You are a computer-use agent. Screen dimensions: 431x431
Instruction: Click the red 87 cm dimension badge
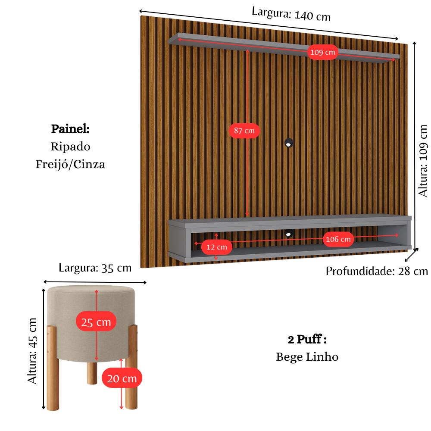pyautogui.click(x=244, y=130)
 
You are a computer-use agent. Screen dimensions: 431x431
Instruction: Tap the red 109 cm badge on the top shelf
pyautogui.click(x=322, y=53)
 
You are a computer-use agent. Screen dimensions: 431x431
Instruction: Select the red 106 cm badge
pyautogui.click(x=338, y=240)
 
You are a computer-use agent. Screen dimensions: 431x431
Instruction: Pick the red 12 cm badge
pyautogui.click(x=216, y=247)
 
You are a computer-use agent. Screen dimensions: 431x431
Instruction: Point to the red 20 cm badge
pyautogui.click(x=122, y=378)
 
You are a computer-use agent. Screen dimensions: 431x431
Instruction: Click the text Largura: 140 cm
pyautogui.click(x=291, y=14)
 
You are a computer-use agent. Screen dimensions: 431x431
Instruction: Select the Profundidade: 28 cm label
pyautogui.click(x=376, y=271)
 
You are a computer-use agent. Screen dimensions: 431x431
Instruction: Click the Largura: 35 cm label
pyautogui.click(x=95, y=268)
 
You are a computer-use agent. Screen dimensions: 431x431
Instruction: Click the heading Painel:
pyautogui.click(x=70, y=129)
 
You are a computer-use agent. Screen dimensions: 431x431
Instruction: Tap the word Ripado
pyautogui.click(x=70, y=147)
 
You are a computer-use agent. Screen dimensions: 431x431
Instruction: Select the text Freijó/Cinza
pyautogui.click(x=70, y=164)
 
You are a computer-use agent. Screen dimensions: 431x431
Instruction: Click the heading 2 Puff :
pyautogui.click(x=307, y=339)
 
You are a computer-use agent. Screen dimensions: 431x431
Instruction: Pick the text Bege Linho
pyautogui.click(x=307, y=357)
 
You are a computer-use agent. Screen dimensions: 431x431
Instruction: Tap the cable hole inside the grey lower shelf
pyautogui.click(x=288, y=234)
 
